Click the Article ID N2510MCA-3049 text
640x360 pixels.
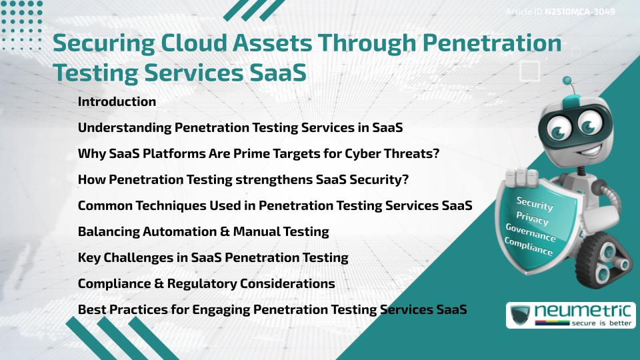tap(560, 12)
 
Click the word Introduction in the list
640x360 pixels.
tap(117, 101)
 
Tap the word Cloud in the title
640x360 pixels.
tap(194, 43)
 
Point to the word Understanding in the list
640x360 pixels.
tap(125, 128)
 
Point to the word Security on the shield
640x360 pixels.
tap(535, 203)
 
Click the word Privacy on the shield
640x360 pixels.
tap(532, 219)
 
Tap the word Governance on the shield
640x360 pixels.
tap(531, 232)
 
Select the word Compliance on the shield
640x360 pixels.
tap(529, 247)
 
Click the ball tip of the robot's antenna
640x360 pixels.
tap(567, 81)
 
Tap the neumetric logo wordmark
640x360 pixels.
tap(583, 311)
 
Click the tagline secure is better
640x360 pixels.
tap(601, 323)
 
